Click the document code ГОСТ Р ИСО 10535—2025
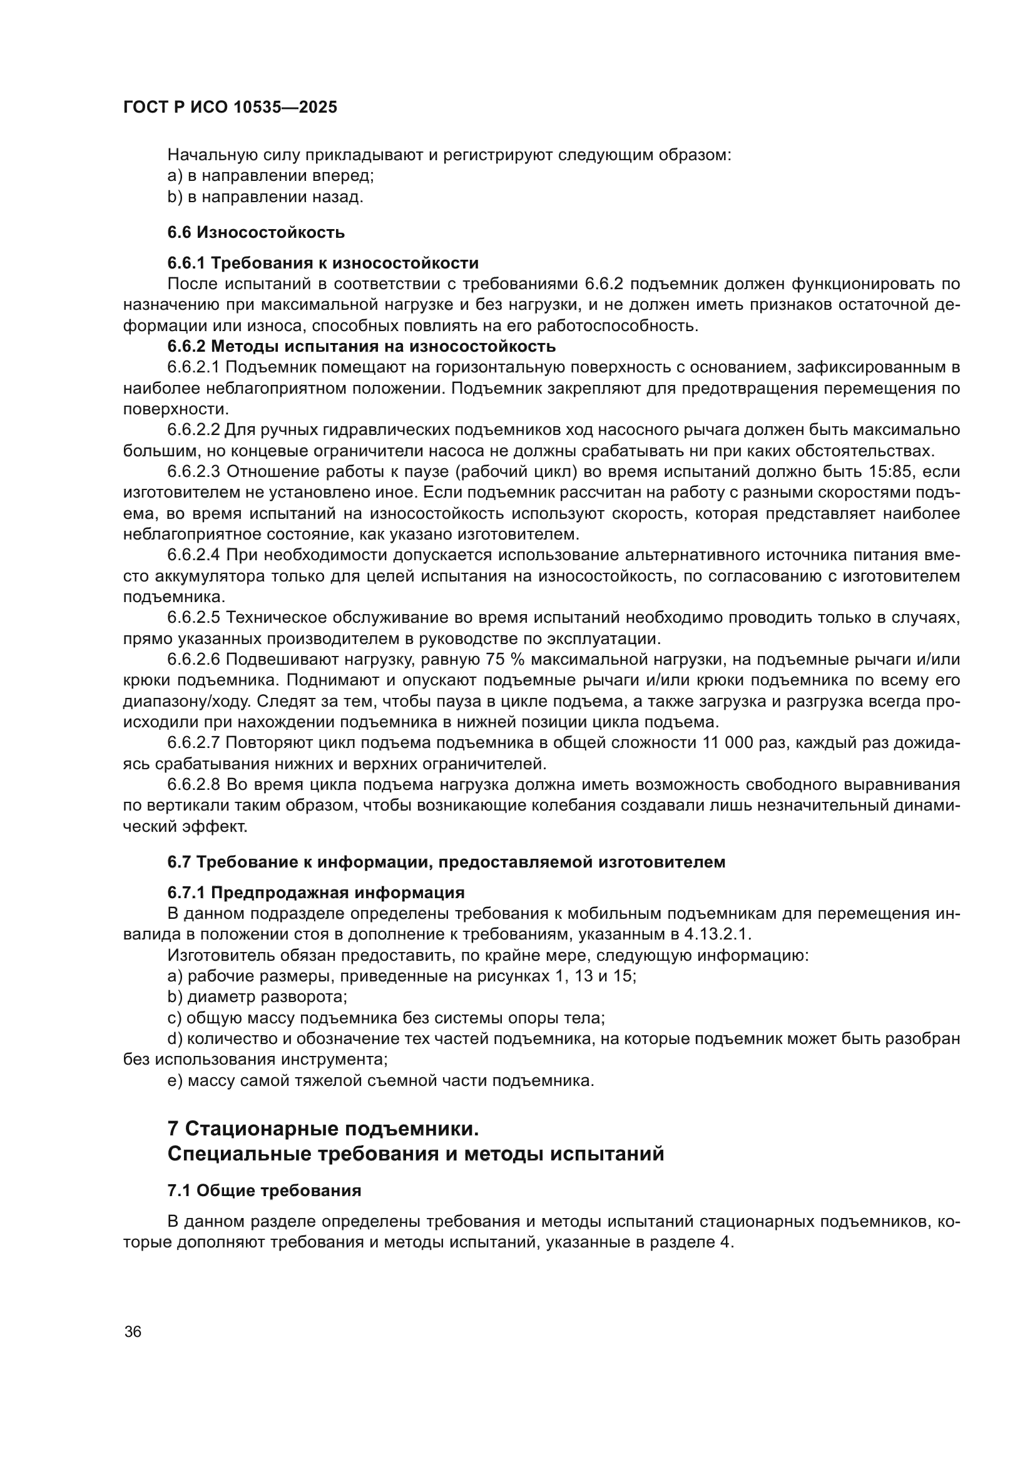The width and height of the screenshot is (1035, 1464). click(x=230, y=108)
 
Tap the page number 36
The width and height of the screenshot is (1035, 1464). click(x=133, y=1331)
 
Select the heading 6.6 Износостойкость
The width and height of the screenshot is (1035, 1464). click(x=255, y=232)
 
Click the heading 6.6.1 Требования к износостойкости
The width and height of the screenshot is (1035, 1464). click(x=322, y=263)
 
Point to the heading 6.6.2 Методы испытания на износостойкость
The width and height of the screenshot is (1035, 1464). click(x=361, y=346)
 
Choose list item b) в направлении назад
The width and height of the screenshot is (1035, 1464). click(x=265, y=197)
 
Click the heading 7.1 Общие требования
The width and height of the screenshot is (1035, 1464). click(x=264, y=1190)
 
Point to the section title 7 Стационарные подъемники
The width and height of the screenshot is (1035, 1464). click(x=322, y=1129)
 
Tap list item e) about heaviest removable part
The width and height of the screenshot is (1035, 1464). click(x=380, y=1081)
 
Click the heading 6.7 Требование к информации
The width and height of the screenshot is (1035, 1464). click(x=446, y=862)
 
